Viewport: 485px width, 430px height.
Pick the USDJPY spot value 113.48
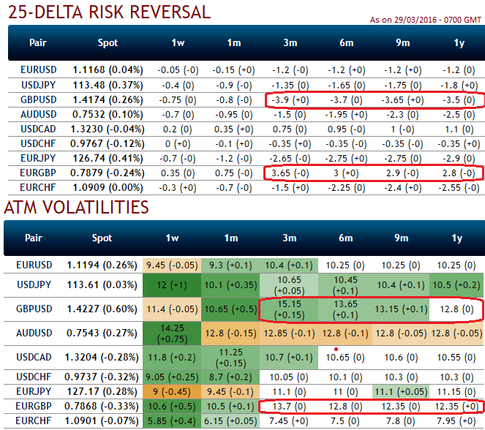[x=107, y=85]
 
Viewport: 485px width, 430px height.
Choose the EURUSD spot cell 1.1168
[x=107, y=70]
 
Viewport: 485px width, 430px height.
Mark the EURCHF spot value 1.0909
[x=107, y=188]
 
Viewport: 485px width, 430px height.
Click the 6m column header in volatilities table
[x=346, y=238]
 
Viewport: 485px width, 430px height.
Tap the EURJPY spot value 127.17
[x=107, y=393]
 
